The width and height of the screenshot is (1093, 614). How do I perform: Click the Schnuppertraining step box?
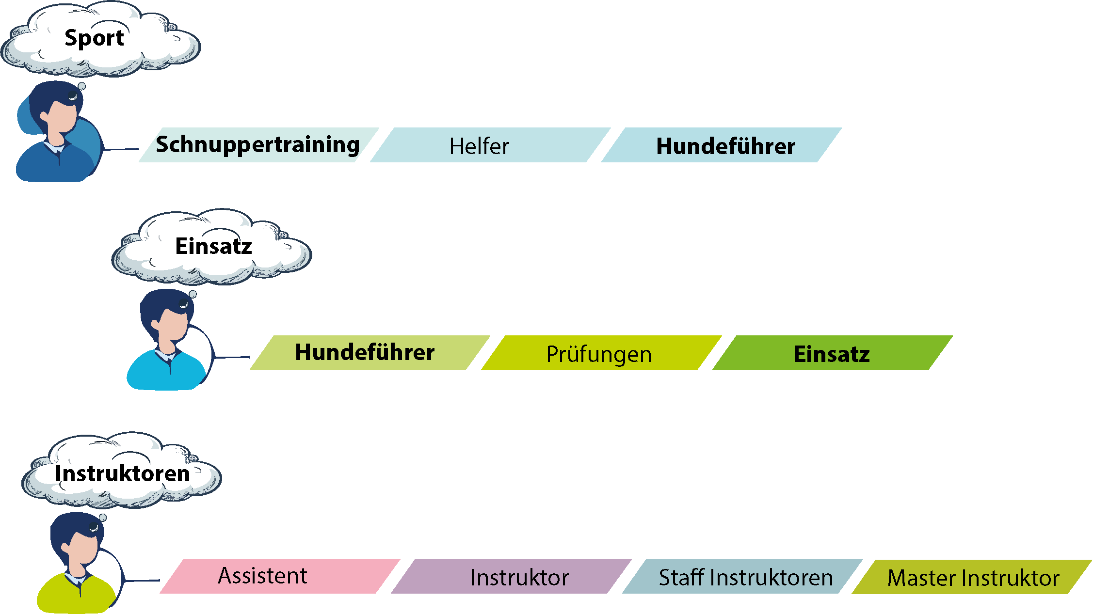(258, 145)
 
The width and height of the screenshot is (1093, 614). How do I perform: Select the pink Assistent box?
(280, 576)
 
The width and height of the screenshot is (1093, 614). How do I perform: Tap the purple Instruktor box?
(511, 576)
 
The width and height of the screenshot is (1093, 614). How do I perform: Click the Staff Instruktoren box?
(742, 576)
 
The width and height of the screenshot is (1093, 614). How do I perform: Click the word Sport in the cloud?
(94, 38)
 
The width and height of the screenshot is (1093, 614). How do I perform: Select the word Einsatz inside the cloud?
(213, 246)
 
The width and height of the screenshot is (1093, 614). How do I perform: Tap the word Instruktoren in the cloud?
(122, 473)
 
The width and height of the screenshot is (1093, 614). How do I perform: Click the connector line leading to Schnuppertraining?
(121, 149)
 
